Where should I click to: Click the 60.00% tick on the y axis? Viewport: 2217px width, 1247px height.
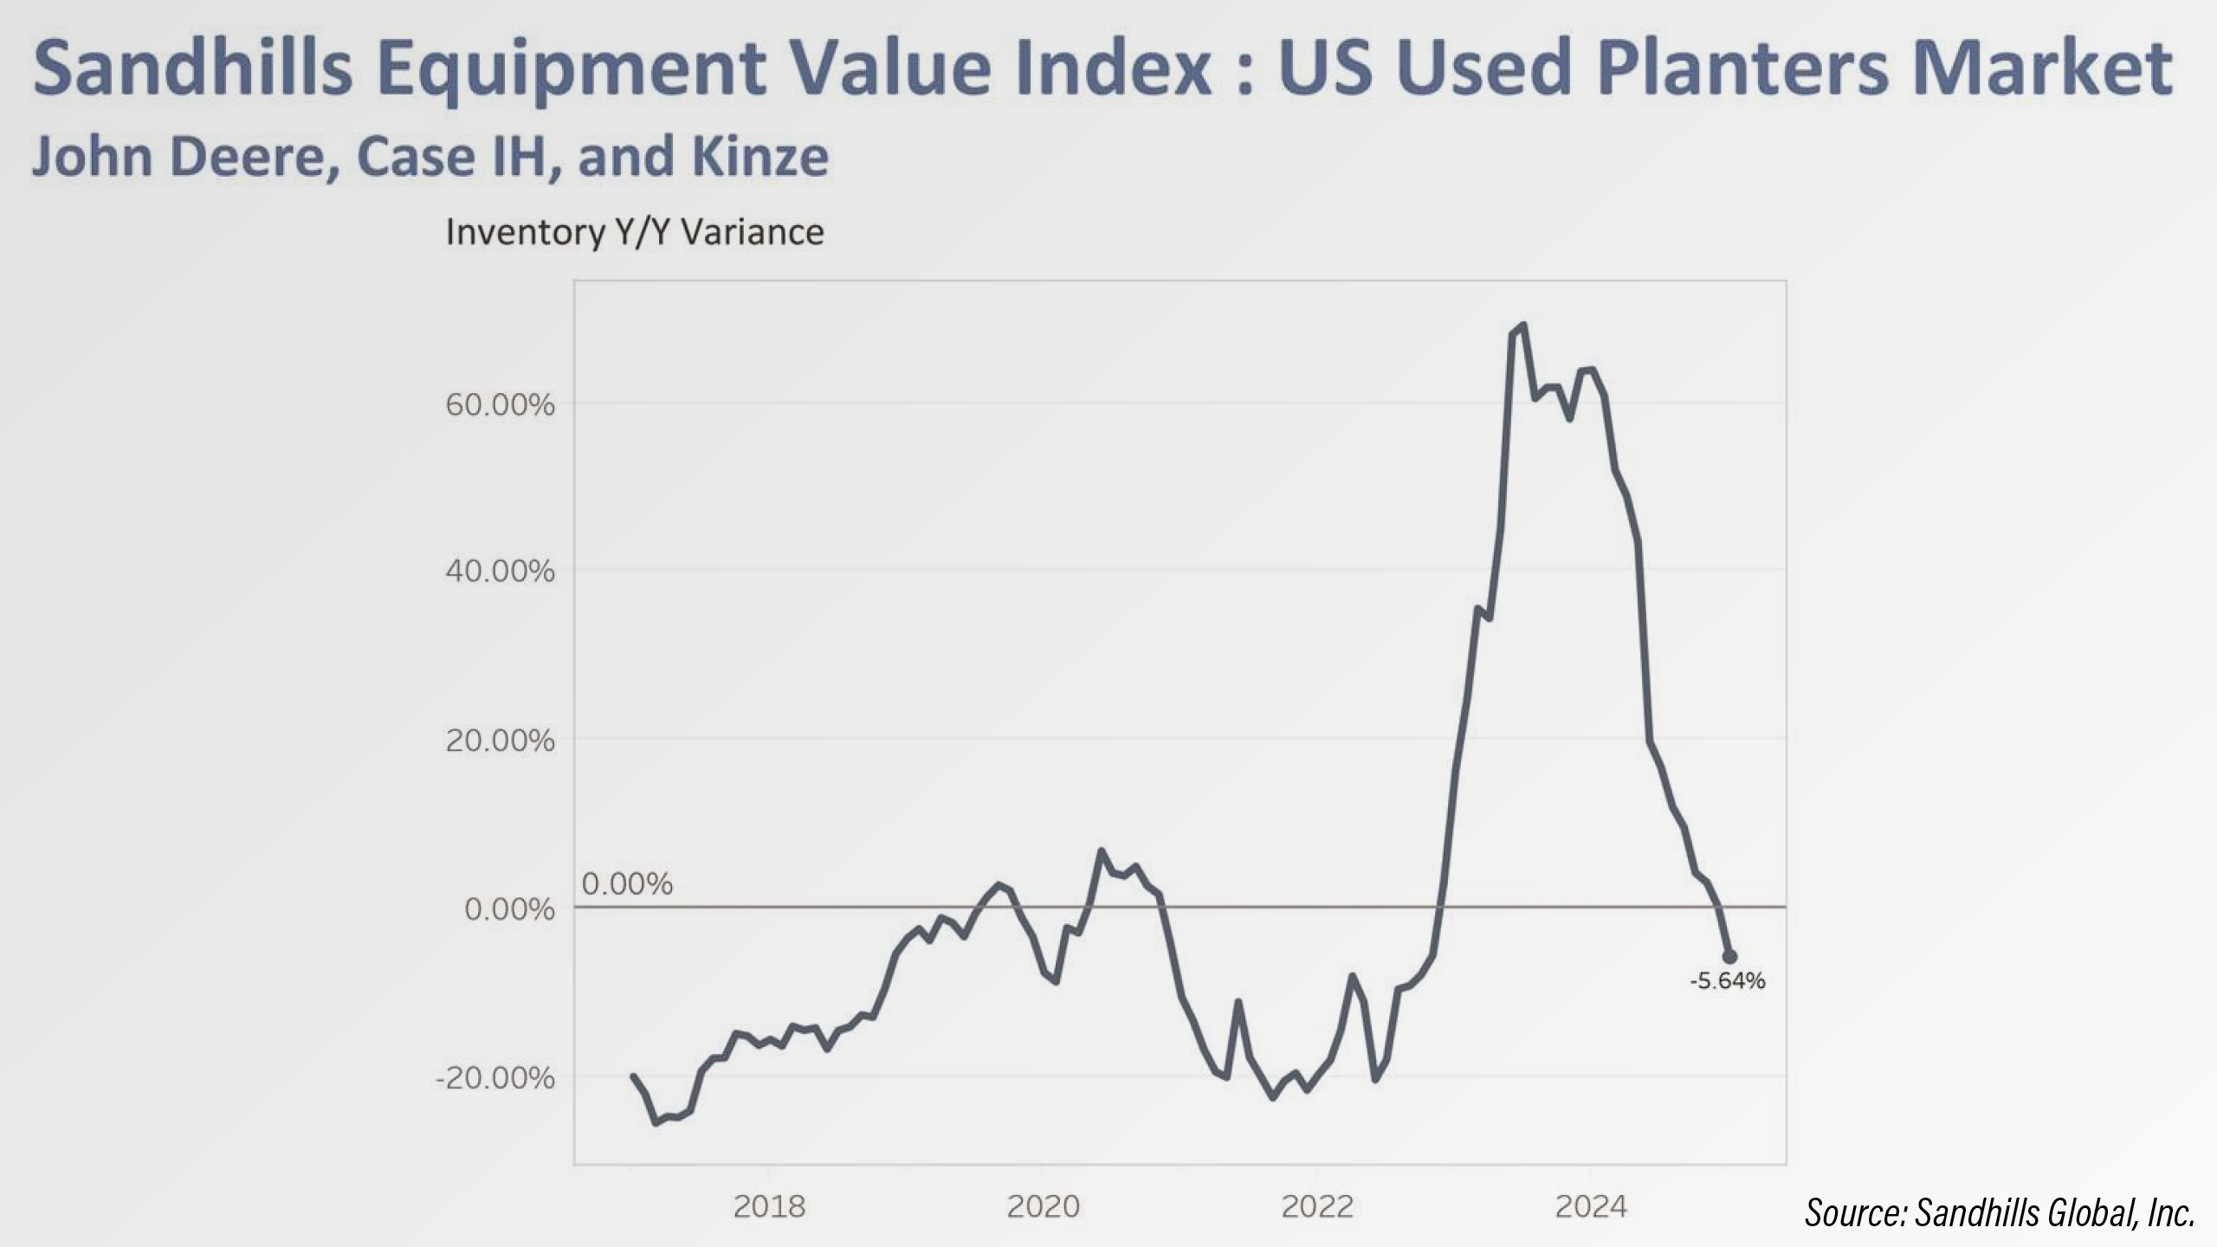click(500, 404)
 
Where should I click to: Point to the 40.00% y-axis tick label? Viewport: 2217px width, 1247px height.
click(500, 572)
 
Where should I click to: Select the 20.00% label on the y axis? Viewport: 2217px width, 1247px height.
click(500, 740)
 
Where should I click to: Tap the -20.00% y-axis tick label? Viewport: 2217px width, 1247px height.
click(495, 1078)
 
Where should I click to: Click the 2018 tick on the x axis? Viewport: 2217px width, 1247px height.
click(769, 1206)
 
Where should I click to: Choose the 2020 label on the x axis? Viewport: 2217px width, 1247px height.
click(1043, 1206)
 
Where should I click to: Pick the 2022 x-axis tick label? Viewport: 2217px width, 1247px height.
click(1317, 1206)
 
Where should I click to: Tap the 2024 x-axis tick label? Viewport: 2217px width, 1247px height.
click(1591, 1206)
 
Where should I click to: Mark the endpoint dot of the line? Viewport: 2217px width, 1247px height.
click(1729, 957)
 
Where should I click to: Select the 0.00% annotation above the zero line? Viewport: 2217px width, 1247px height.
click(627, 884)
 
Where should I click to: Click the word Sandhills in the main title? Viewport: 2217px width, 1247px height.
click(193, 69)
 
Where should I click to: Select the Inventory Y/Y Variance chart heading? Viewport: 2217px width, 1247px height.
click(635, 232)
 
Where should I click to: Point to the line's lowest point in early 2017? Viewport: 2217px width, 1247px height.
click(656, 1122)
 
